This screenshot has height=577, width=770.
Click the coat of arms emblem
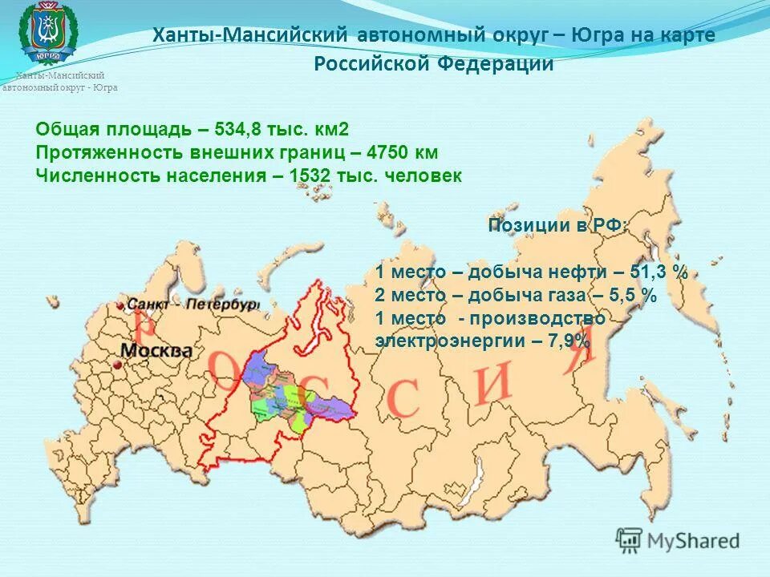click(48, 32)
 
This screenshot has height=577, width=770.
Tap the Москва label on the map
click(157, 351)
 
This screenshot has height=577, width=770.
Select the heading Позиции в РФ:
click(558, 225)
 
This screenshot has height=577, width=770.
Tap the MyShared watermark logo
click(678, 539)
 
